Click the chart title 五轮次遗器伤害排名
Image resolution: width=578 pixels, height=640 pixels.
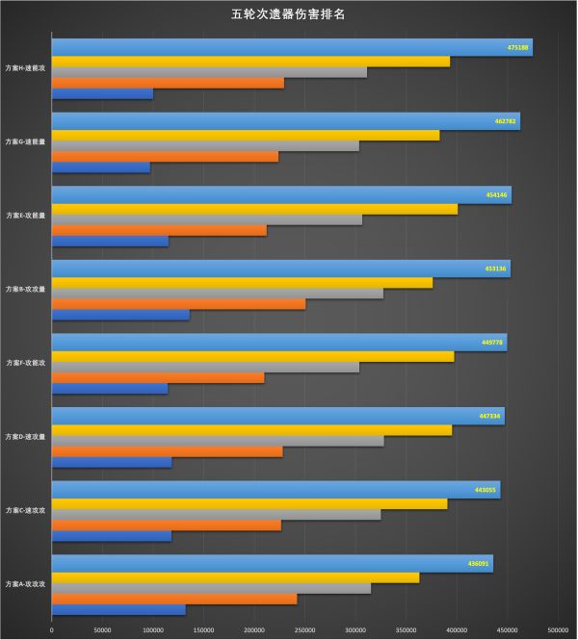(289, 15)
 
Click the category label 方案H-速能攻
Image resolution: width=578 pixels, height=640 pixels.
(26, 69)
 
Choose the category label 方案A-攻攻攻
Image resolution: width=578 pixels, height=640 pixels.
(26, 584)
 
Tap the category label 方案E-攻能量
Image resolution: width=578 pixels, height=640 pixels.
(26, 216)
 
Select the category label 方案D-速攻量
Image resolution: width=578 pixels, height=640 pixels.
(26, 437)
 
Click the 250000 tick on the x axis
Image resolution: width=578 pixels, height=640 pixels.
(305, 630)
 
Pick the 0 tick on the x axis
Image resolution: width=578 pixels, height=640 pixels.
(52, 630)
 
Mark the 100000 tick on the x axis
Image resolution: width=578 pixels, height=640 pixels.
(153, 630)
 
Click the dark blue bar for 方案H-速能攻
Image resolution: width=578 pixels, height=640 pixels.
(102, 93)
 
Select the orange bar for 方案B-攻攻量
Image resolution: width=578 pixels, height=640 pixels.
(178, 303)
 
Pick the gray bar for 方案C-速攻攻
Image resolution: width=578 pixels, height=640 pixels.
(216, 514)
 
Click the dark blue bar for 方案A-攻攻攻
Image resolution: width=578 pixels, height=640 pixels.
(118, 608)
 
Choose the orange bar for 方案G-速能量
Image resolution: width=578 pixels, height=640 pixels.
(165, 156)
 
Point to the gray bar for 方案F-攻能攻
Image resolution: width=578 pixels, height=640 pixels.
(205, 367)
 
